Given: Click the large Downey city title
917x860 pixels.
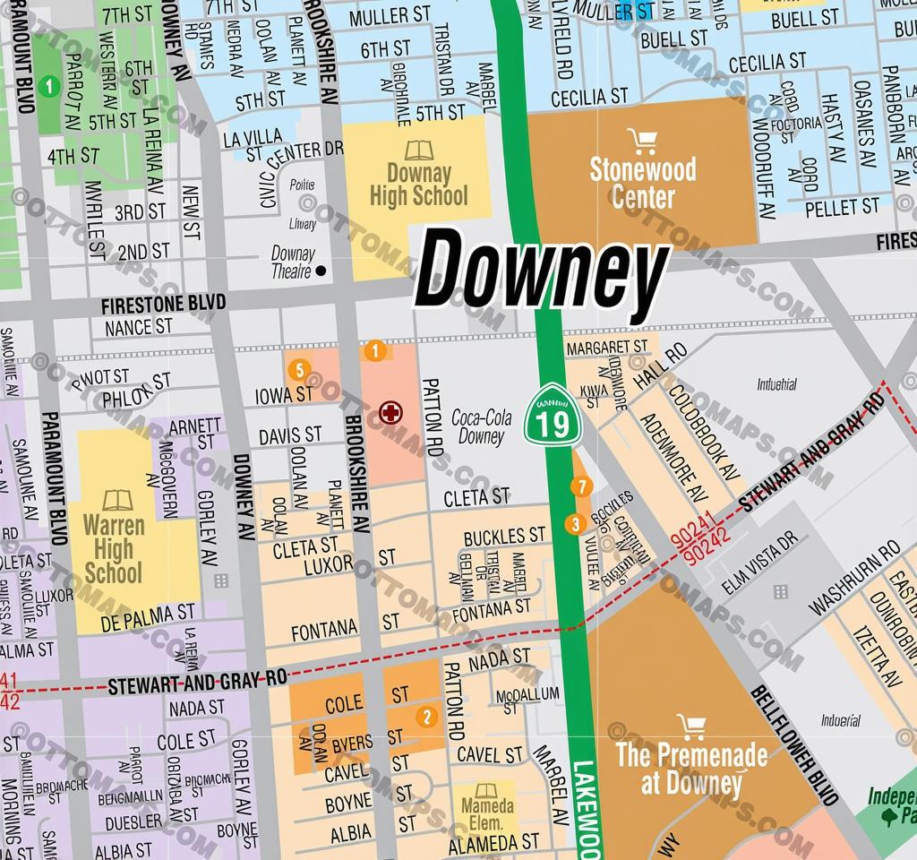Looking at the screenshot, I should pos(542,272).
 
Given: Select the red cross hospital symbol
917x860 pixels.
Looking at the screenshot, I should pos(391,413).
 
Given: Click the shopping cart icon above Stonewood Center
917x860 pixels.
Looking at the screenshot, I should pos(642,141).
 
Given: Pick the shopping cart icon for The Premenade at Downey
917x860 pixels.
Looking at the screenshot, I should pos(690,726).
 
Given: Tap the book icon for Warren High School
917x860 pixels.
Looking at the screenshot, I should pos(116,500).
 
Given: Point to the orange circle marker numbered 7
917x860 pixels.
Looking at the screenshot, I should pos(581,487).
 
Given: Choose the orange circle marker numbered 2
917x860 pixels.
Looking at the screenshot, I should pos(427,716).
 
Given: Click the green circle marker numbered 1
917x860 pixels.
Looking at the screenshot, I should pos(51,86).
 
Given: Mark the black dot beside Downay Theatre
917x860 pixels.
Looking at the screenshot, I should pos(321,271).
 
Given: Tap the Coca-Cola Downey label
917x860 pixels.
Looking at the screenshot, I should pos(481,427).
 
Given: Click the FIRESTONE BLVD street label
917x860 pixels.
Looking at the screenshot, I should pos(163,304).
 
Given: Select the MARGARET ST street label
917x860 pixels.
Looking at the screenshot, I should pos(606,346).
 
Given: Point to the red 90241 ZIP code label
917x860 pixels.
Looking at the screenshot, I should pos(692,540).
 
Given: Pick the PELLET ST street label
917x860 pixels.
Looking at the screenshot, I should pos(842,208).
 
